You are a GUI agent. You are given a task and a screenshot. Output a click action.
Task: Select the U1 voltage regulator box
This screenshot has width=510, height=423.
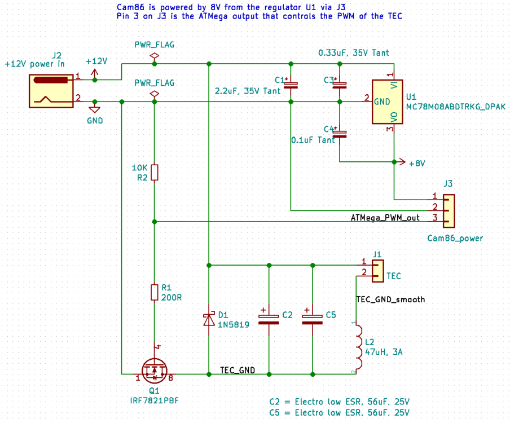[x=388, y=102]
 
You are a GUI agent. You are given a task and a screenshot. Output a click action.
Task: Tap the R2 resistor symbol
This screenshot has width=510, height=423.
[x=155, y=173]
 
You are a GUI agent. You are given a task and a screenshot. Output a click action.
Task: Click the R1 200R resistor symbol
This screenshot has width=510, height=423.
[x=155, y=292]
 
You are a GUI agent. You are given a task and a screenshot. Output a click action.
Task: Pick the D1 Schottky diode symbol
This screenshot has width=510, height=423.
[x=209, y=320]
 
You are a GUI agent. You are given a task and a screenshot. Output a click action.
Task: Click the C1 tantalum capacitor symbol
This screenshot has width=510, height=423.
[x=291, y=85]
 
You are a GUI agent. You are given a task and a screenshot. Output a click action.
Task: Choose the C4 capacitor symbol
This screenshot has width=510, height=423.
[x=340, y=133]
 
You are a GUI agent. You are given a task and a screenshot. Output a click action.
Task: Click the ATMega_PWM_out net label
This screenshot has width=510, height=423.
[x=385, y=218]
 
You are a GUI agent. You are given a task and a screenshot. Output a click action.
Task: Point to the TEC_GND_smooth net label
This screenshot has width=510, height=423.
[x=390, y=299]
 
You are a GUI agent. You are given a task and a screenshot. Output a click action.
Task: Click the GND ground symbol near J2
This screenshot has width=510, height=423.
[x=95, y=110]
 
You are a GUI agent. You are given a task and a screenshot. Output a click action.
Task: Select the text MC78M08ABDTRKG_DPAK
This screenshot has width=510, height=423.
[x=456, y=106]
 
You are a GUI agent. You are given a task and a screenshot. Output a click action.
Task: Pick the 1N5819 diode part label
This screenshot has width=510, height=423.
[x=233, y=324]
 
